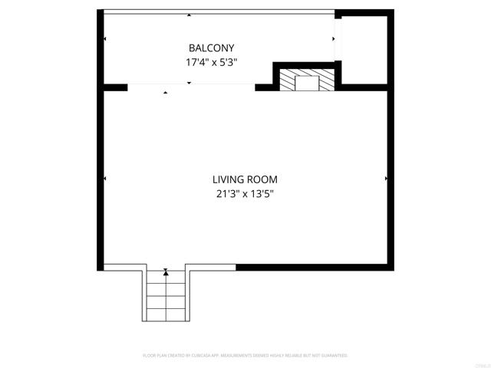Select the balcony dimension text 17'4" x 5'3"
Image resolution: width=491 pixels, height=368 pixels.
(x=211, y=63)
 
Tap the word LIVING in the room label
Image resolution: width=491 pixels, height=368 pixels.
(x=229, y=179)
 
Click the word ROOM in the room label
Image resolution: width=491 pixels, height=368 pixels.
(x=262, y=179)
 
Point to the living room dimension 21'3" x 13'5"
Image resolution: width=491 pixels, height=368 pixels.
(x=245, y=194)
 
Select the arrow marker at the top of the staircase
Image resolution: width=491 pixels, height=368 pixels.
(x=166, y=271)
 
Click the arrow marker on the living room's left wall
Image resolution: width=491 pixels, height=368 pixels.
(x=104, y=179)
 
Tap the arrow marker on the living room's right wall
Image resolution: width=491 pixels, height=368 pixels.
(x=386, y=179)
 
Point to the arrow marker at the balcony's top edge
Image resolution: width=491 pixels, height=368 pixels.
(x=189, y=15)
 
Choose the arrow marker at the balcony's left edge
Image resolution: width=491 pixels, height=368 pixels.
(x=104, y=38)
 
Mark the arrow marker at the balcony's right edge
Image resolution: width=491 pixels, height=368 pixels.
(x=334, y=38)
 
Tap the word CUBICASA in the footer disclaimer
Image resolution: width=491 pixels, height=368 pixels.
(x=203, y=356)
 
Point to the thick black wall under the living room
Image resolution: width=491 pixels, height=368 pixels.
(x=315, y=267)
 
